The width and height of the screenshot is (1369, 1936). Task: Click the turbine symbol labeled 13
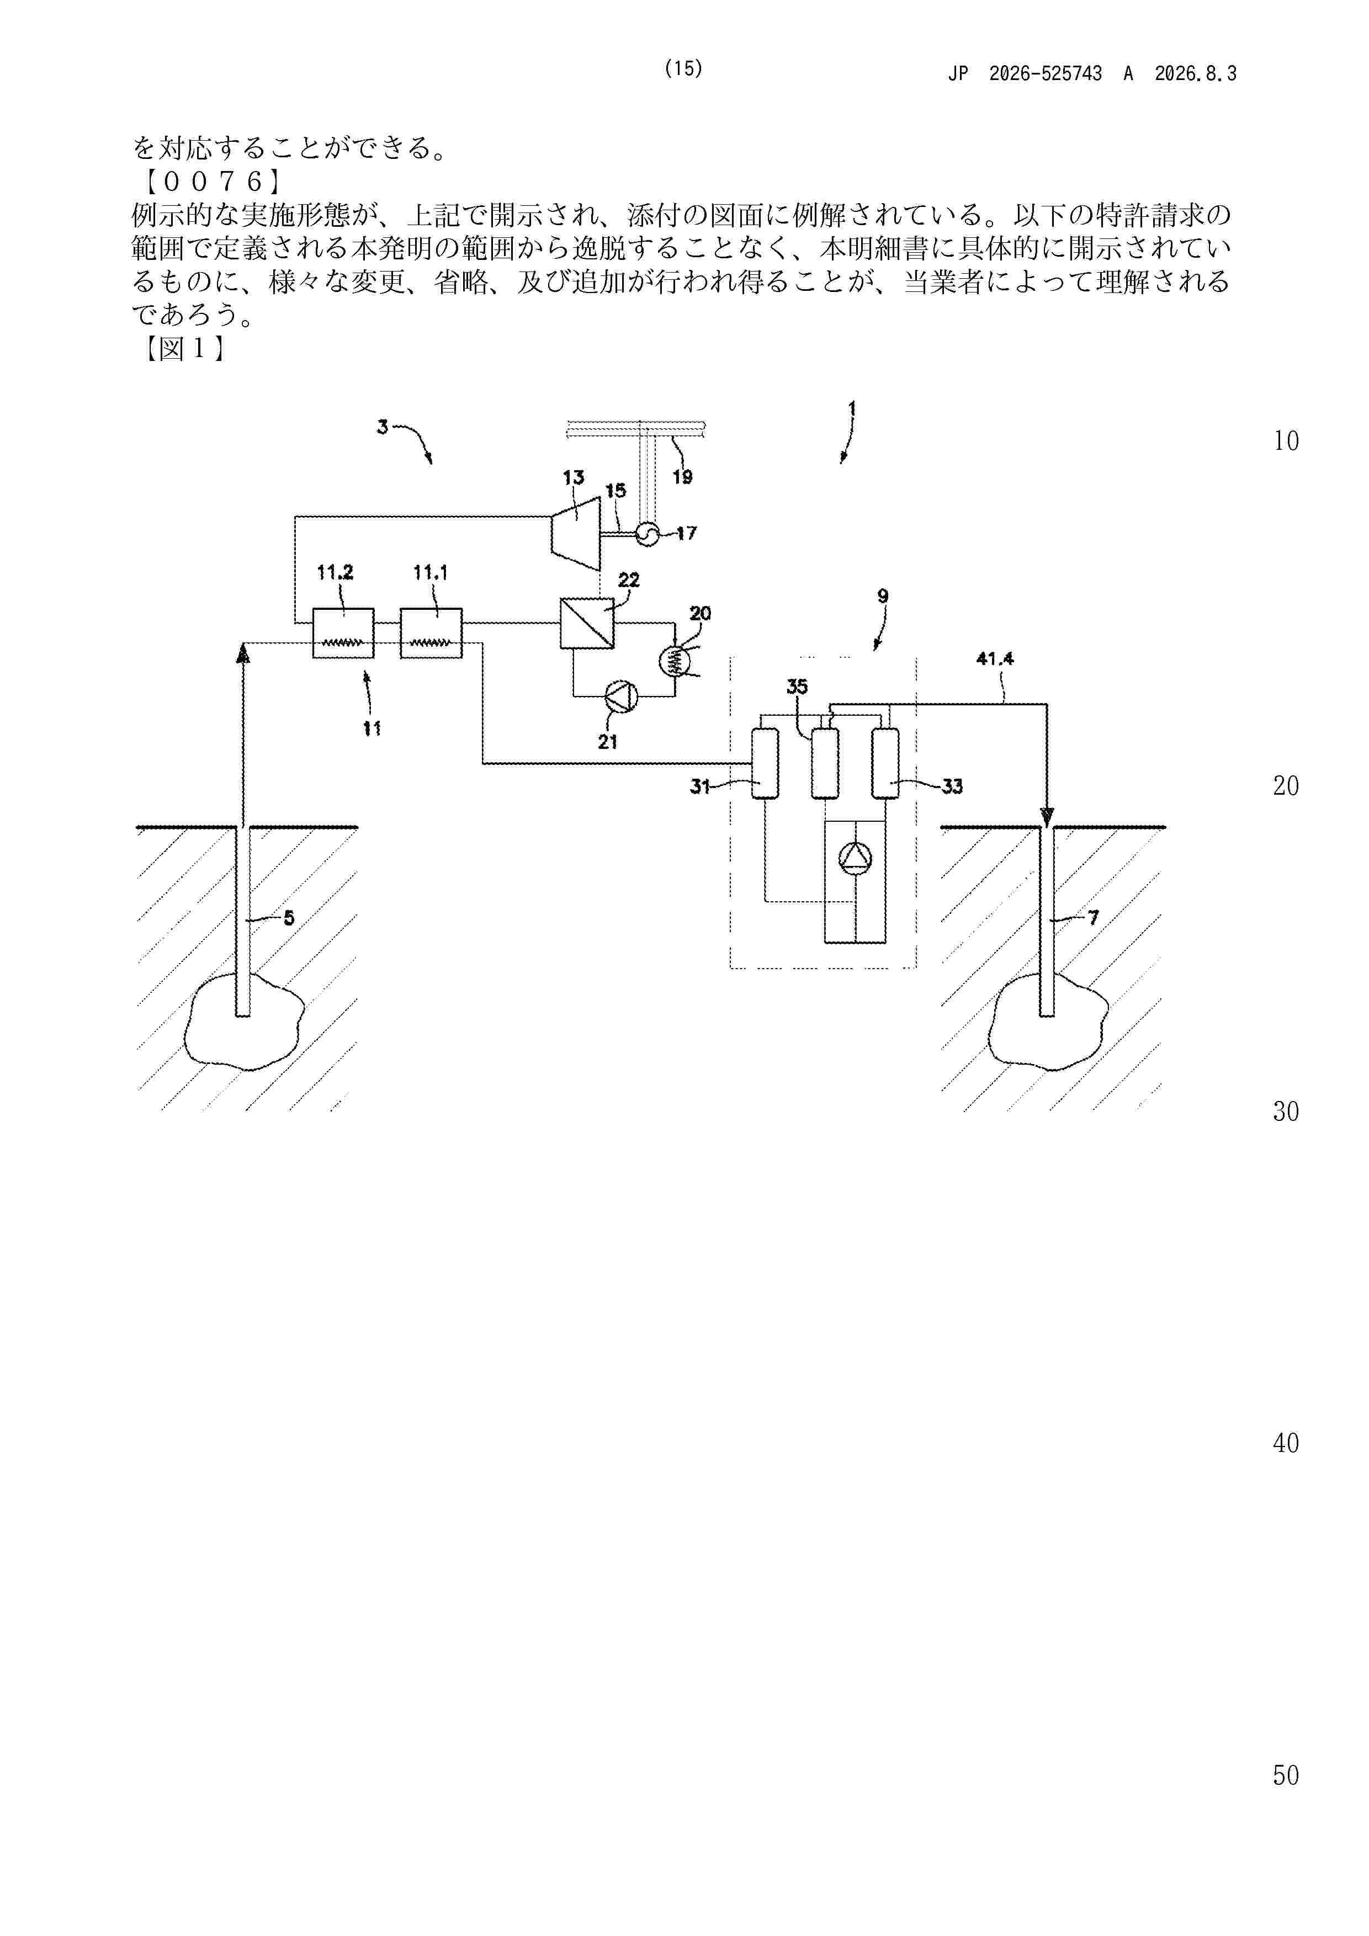point(575,527)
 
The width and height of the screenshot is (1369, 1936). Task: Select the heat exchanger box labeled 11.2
point(343,633)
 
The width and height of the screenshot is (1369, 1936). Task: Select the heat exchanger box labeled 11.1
point(431,633)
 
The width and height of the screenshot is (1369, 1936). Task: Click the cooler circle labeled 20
point(674,662)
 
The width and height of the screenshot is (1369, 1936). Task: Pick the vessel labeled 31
point(764,763)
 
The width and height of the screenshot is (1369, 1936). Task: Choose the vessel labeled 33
point(885,763)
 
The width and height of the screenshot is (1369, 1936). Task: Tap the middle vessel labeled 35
point(825,763)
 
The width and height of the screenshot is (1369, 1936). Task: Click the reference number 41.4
point(995,658)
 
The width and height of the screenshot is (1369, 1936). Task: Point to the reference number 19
point(682,477)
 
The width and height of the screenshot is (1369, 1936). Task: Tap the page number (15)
point(683,68)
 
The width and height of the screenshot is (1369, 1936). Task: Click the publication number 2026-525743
point(1045,73)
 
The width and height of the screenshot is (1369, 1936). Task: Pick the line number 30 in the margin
point(1286,1111)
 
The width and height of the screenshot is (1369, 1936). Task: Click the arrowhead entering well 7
point(1047,817)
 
